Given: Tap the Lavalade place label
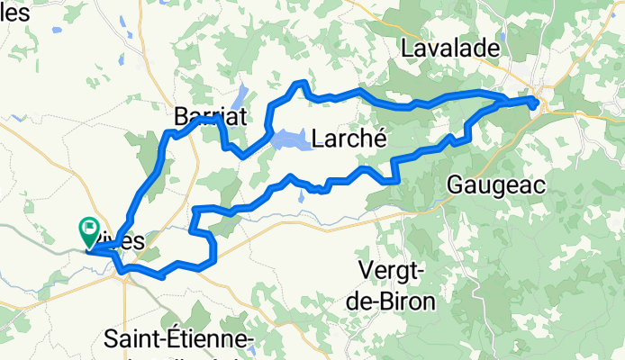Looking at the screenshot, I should [463, 48].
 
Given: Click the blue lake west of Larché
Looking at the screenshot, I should [288, 139].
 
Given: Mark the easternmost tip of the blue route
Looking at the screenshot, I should [539, 103].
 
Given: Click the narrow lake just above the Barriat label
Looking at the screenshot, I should [240, 95].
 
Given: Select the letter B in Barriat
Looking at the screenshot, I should [180, 115].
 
